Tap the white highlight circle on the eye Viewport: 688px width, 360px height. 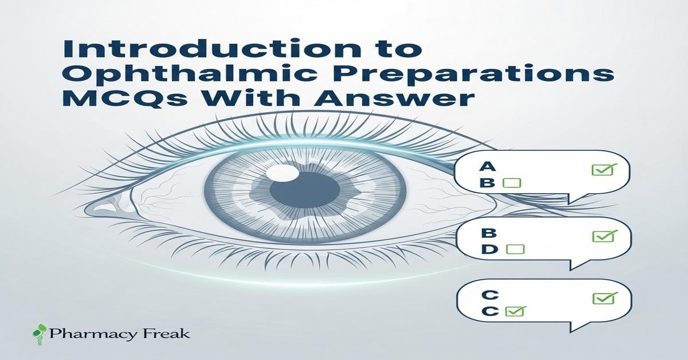[282, 173]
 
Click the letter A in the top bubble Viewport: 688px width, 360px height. [487, 167]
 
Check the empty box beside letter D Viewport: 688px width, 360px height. [515, 249]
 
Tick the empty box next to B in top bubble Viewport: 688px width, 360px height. [511, 183]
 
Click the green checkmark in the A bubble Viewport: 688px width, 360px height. [604, 170]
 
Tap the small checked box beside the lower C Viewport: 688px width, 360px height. [515, 311]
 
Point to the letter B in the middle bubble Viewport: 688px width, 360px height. [489, 233]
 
